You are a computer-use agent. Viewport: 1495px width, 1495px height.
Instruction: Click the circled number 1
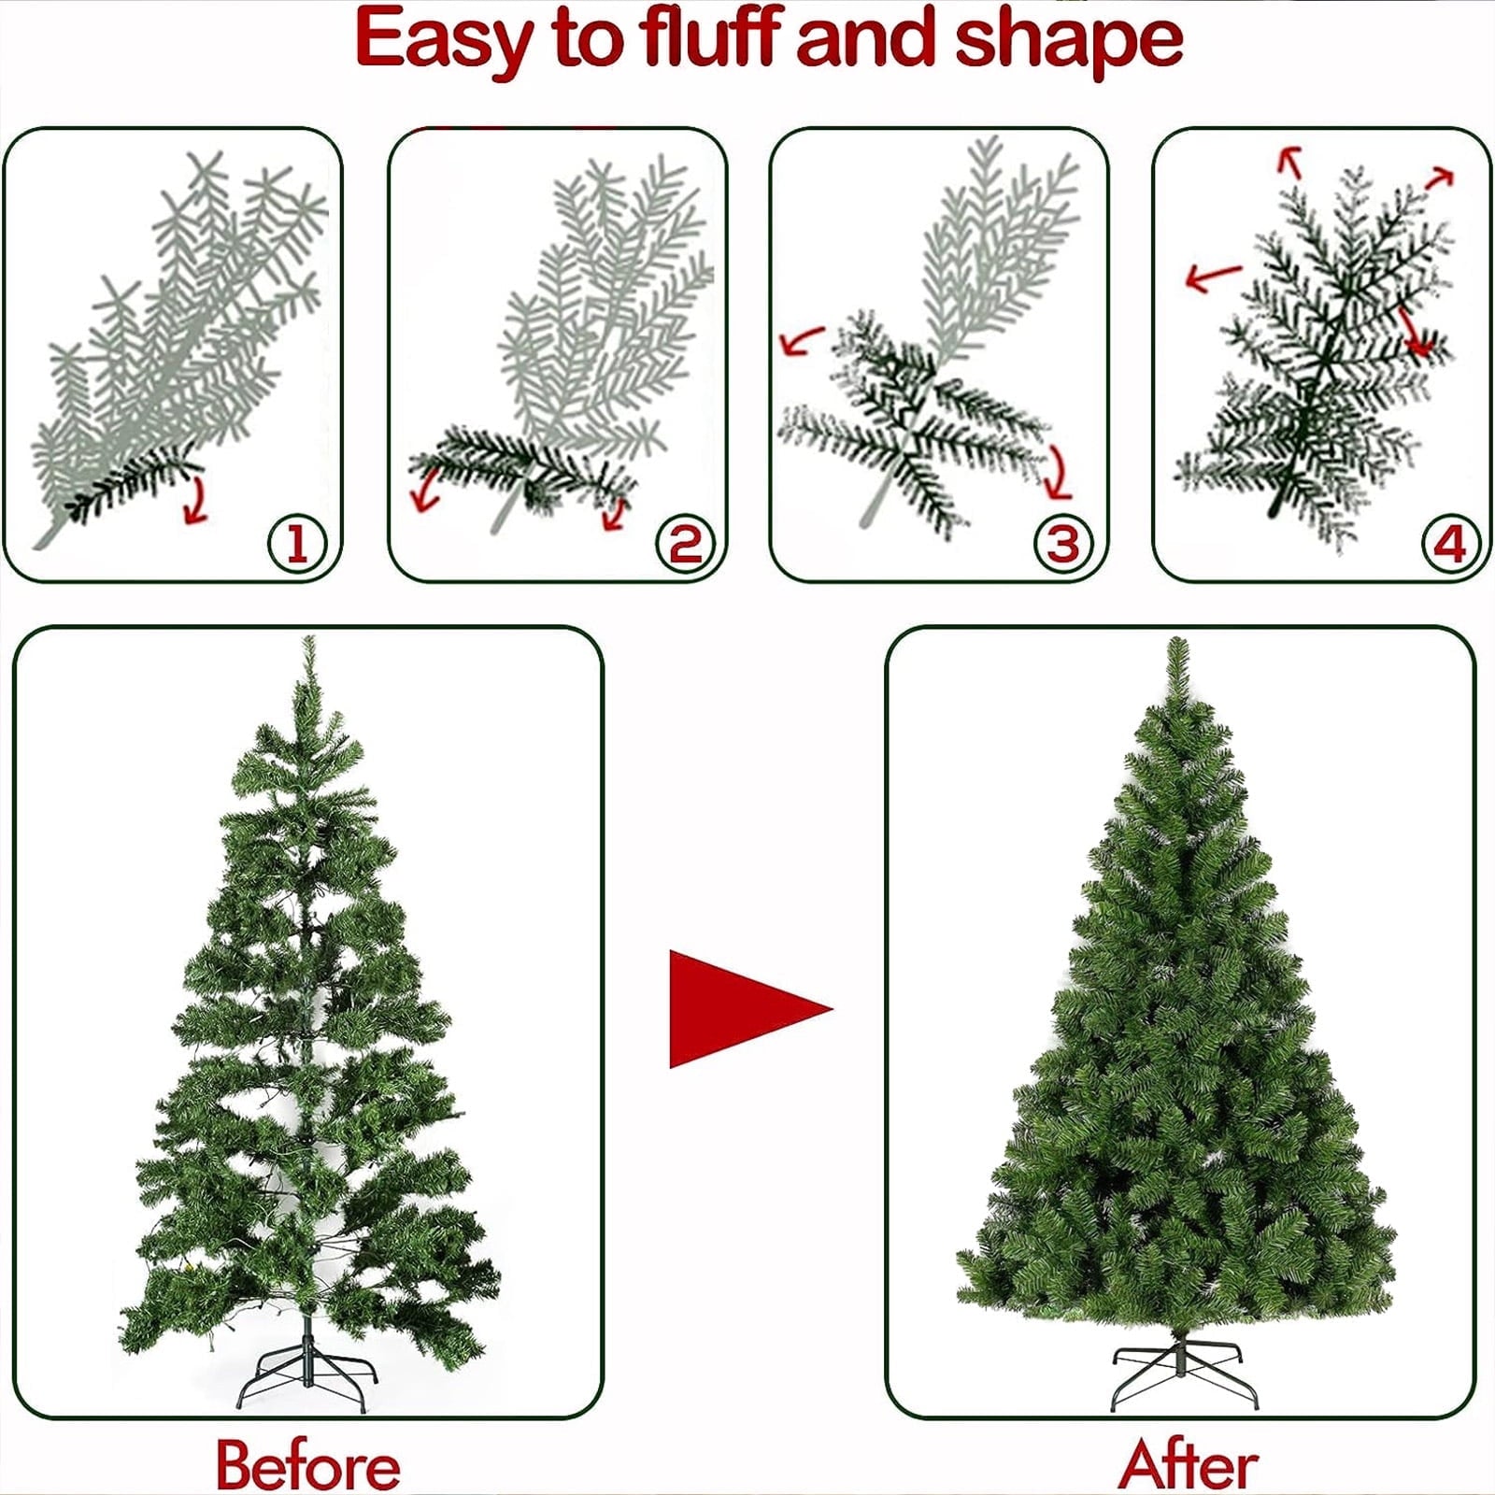[x=297, y=544]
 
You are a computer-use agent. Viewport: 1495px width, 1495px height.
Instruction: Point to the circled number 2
[x=685, y=544]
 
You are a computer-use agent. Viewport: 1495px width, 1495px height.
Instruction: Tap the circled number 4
[x=1450, y=544]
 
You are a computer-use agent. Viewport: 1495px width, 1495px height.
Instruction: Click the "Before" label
[x=308, y=1465]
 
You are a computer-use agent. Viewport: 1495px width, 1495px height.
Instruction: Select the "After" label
[x=1189, y=1463]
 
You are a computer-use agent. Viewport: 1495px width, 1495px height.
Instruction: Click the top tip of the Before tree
[x=308, y=637]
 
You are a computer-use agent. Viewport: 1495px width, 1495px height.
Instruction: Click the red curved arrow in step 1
[x=195, y=501]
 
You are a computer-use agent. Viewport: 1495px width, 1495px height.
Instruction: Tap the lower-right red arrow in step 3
[x=1059, y=473]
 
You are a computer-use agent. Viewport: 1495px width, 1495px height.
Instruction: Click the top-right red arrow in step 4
[x=1440, y=178]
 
